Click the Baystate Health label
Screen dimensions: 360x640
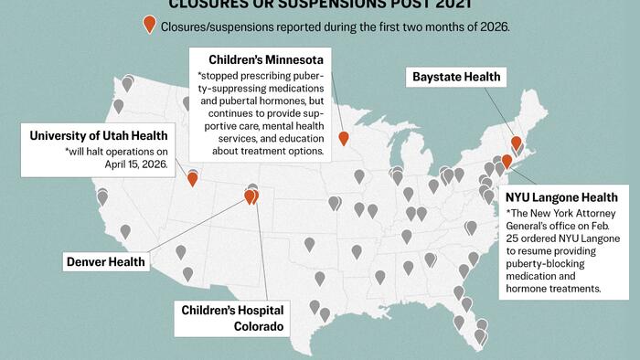[456, 77]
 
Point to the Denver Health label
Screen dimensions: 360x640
[106, 262]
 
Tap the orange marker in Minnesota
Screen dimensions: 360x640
[344, 139]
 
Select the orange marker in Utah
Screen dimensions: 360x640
[192, 178]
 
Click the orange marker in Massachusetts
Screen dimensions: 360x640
[517, 143]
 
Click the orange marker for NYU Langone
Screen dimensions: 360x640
[507, 162]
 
